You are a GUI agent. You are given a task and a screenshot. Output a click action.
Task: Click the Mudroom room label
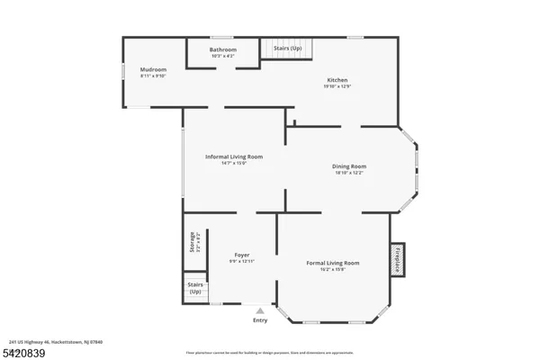[x=153, y=69]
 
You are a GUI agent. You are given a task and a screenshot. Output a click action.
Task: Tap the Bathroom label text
[x=223, y=49]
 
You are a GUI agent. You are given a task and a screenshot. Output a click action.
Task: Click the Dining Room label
[x=350, y=166]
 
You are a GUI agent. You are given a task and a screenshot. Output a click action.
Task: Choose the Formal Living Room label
[x=333, y=263]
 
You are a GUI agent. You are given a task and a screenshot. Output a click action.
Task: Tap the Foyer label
[x=242, y=254]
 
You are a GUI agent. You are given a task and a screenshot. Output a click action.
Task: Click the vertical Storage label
[x=192, y=242]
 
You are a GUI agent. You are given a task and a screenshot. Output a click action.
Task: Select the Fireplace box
[x=396, y=257]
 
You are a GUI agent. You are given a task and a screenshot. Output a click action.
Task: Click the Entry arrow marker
[x=260, y=310]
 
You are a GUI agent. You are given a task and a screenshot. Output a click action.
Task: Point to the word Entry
[x=260, y=320]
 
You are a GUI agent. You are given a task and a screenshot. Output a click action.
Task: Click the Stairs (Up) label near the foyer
[x=195, y=289]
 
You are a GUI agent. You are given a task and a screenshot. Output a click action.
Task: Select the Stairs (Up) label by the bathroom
[x=288, y=49]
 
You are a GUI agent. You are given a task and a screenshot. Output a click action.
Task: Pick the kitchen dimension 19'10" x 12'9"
[x=337, y=87]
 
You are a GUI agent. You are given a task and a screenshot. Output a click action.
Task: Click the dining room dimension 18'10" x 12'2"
[x=350, y=173]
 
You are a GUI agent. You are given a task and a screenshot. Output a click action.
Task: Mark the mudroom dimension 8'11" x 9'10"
[x=153, y=76]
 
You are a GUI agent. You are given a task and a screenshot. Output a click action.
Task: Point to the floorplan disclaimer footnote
[x=269, y=352]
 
